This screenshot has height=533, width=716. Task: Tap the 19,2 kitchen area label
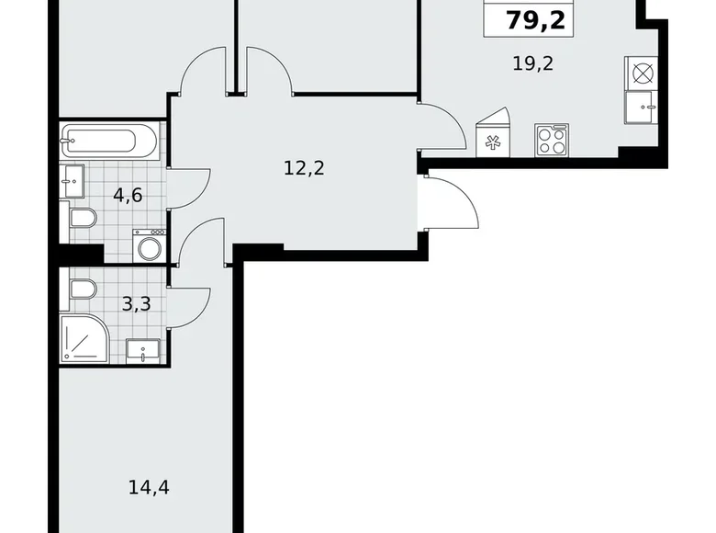[x=534, y=63]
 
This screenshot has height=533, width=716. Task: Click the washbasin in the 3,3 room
[x=143, y=348]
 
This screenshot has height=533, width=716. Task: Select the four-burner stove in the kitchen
[x=552, y=140]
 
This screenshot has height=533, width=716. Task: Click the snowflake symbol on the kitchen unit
[x=491, y=142]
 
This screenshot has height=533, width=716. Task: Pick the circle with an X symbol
[x=641, y=71]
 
